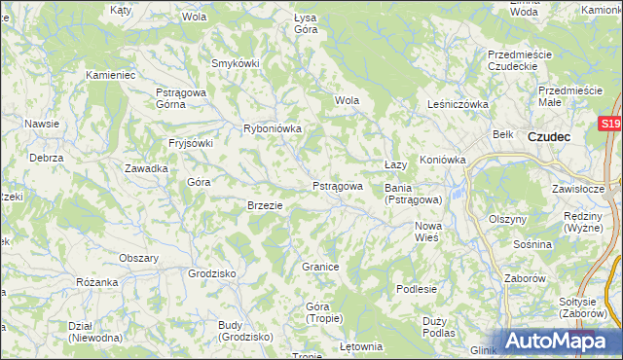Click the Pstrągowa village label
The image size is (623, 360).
(x=337, y=186)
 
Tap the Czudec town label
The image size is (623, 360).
(x=549, y=137)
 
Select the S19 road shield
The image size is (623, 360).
(x=610, y=124)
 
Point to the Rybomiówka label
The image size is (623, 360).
(x=273, y=128)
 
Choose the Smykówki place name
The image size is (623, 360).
(x=236, y=64)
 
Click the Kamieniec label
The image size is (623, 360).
(x=110, y=74)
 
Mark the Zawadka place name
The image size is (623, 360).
(x=146, y=168)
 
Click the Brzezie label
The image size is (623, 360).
(x=265, y=205)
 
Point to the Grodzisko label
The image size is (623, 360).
(x=212, y=273)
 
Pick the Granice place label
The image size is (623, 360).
(x=319, y=267)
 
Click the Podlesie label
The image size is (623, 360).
(x=417, y=289)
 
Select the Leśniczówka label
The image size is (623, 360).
(x=457, y=104)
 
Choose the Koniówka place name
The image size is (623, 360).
(x=443, y=160)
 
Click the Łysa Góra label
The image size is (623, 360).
(x=306, y=23)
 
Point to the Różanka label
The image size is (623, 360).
(x=96, y=282)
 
